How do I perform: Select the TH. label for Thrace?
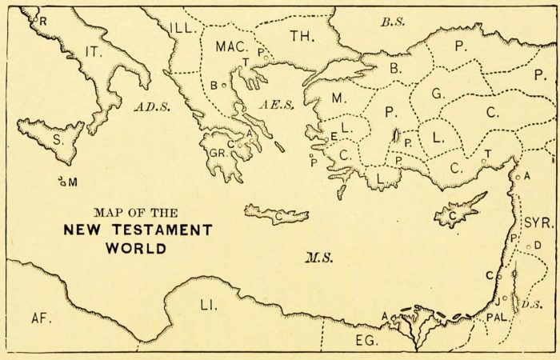coord(302,36)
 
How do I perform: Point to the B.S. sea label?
coord(392,22)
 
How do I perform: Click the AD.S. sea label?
coord(150,106)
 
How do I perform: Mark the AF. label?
coord(41,318)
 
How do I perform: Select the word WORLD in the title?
coord(135,248)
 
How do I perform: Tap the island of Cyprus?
coord(458,212)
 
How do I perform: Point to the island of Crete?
coord(277,214)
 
